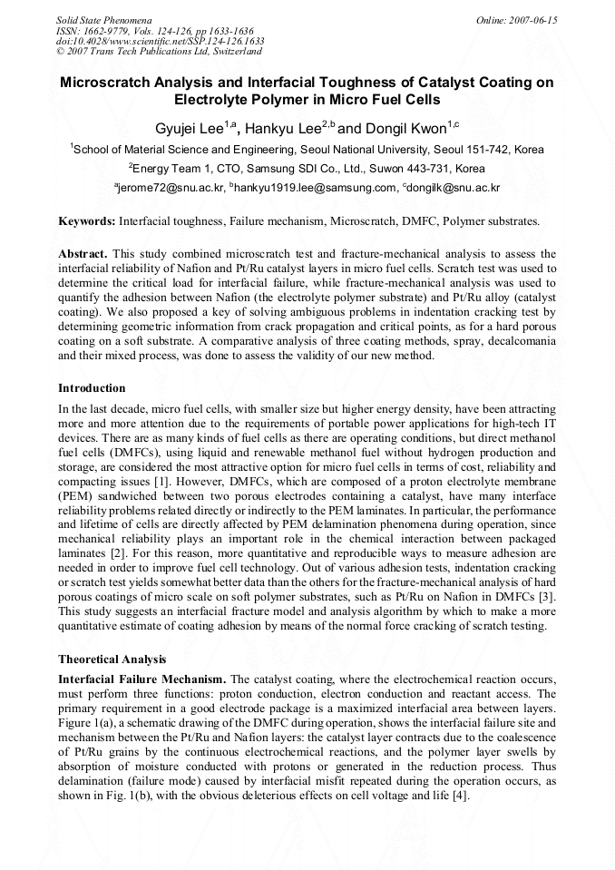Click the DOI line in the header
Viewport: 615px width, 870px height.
coord(160,41)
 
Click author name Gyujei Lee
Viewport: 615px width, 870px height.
coord(186,127)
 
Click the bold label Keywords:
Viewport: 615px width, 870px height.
coord(86,220)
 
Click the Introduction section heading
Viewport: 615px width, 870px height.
coord(92,388)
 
